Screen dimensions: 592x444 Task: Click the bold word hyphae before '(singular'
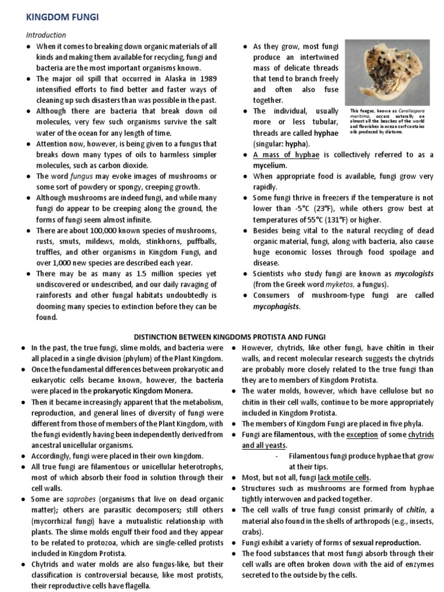(325, 132)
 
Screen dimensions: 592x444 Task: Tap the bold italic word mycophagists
(276, 306)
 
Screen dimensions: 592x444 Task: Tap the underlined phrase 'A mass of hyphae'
(286, 154)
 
